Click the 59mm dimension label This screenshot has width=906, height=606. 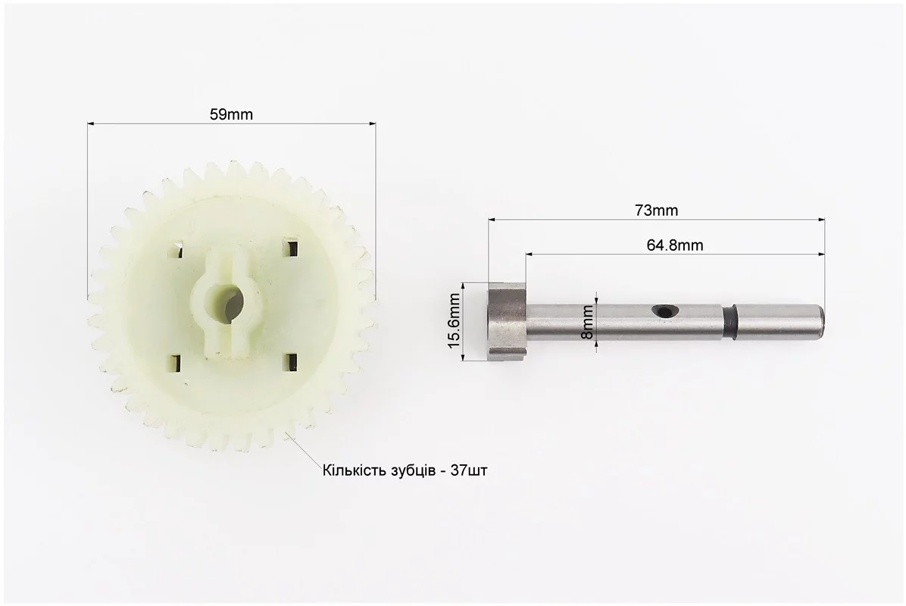coord(231,114)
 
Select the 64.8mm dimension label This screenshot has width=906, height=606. coord(675,245)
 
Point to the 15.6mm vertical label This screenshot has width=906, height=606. coord(455,321)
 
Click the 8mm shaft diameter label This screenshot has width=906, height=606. coord(587,323)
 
